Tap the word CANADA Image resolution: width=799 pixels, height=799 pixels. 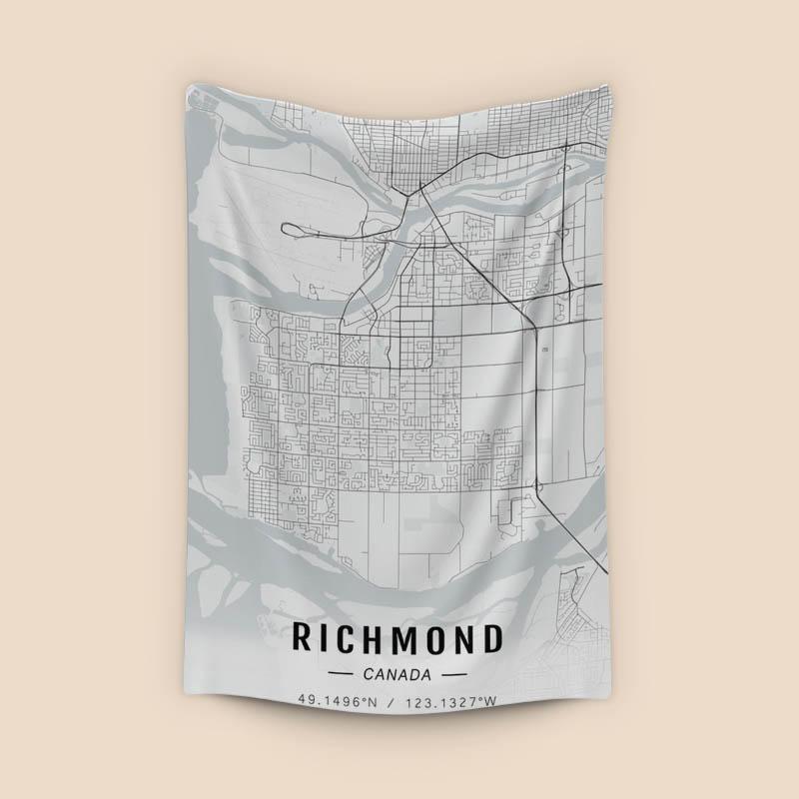point(399,674)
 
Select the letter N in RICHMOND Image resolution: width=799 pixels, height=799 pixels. point(463,638)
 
